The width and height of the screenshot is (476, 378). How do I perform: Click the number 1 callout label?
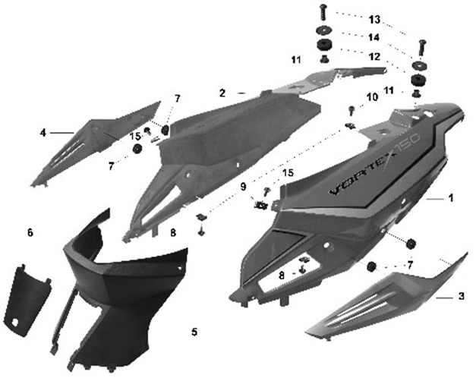click(x=451, y=198)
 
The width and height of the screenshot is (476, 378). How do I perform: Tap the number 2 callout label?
click(x=222, y=93)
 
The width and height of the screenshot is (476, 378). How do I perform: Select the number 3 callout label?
click(x=461, y=296)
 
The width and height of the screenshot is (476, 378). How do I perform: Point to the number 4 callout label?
click(x=43, y=133)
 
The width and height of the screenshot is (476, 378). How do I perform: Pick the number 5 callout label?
click(x=194, y=332)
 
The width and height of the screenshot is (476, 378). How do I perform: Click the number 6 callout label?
click(x=30, y=232)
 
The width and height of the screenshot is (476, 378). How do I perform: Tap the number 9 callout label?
click(x=243, y=187)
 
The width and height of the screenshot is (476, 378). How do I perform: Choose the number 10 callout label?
click(x=373, y=97)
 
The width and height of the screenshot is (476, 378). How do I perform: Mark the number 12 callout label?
click(x=374, y=56)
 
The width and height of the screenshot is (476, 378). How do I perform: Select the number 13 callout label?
click(x=374, y=20)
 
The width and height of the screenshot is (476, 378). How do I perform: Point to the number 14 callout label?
click(x=374, y=37)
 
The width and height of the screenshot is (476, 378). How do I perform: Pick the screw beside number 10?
click(x=351, y=110)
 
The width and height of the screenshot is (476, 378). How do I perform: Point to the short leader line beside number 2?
click(x=241, y=93)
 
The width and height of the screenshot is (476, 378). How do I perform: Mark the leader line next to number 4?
click(x=62, y=133)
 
